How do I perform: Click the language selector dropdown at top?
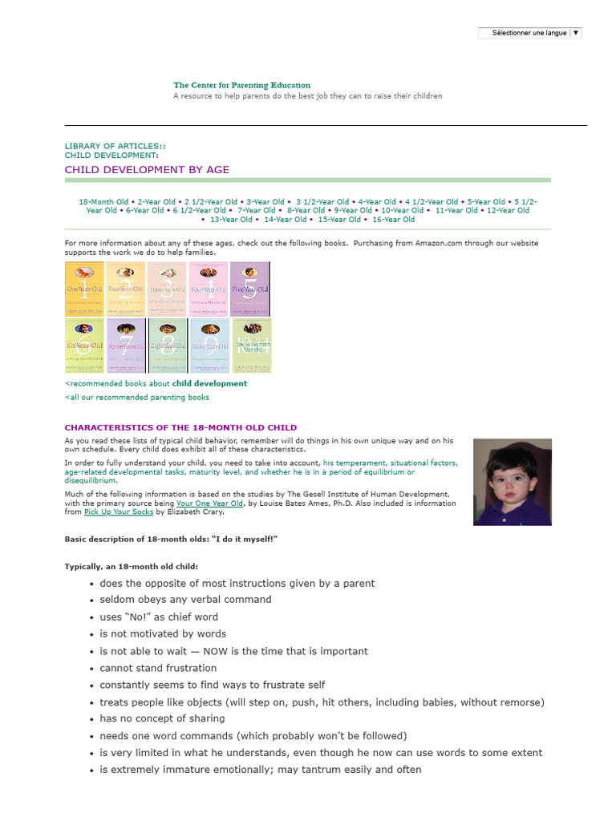point(529,33)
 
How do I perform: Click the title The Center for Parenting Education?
point(241,85)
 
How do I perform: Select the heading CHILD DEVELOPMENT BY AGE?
point(147,169)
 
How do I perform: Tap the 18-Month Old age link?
point(103,202)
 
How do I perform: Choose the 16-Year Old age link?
point(394,219)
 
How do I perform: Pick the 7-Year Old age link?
point(256,210)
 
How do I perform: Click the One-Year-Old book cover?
point(85,289)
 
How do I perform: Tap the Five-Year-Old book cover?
point(250,289)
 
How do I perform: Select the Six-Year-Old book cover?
point(85,346)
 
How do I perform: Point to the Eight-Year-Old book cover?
point(168,346)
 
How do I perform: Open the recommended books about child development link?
point(156,383)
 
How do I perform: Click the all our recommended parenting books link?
point(137,397)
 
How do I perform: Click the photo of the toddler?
point(513,482)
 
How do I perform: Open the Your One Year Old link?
point(209,504)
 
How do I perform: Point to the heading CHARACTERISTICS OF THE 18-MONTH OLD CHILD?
point(180,427)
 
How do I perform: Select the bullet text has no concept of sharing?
point(162,718)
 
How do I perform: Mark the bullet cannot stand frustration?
point(158,668)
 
